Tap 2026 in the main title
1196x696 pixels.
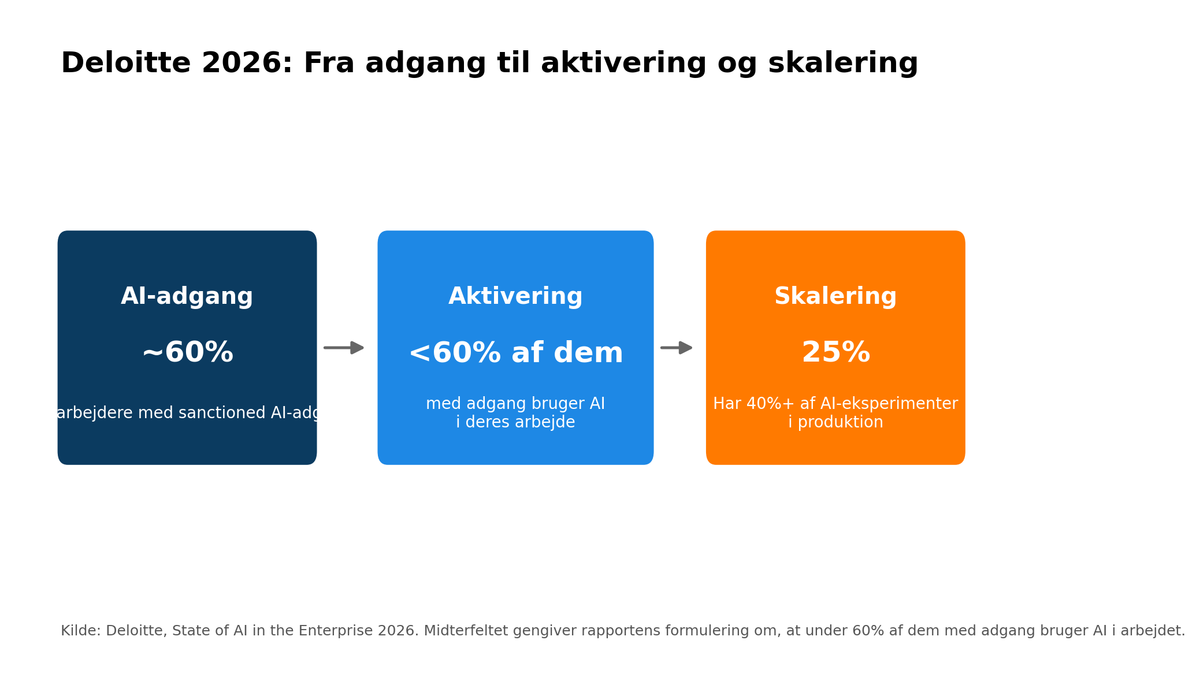click(247, 63)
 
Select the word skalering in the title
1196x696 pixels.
click(842, 63)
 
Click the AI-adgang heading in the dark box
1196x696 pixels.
click(187, 296)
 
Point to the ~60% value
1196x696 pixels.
click(187, 352)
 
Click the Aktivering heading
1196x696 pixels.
click(515, 296)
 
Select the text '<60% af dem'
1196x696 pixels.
click(515, 353)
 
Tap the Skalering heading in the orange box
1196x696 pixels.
click(835, 296)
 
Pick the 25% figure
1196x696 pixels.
click(835, 352)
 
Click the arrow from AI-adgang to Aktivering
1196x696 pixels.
click(344, 348)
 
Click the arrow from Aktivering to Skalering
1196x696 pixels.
click(677, 348)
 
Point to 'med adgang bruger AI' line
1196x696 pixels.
click(515, 404)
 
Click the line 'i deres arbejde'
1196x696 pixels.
click(515, 422)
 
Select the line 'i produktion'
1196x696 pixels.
click(835, 422)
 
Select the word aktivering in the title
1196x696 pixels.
click(625, 63)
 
